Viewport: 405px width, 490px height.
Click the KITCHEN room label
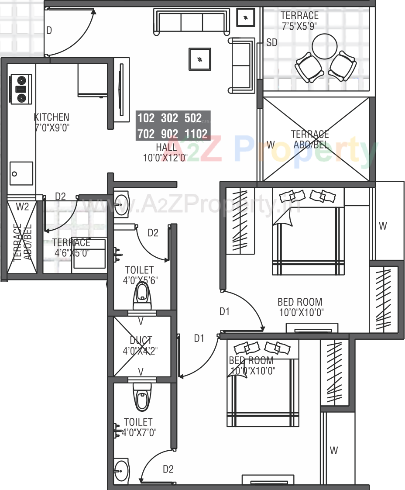[x=51, y=117]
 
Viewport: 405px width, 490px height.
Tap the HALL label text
[x=166, y=147]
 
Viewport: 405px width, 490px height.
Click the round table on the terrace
[x=325, y=46]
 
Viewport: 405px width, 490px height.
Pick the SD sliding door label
[x=272, y=42]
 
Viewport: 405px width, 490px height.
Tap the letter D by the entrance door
[x=49, y=30]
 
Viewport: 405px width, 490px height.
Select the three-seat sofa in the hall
[x=192, y=21]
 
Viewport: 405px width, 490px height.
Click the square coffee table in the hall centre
[x=200, y=59]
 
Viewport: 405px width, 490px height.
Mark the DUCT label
[x=141, y=340]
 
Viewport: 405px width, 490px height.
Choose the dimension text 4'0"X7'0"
[x=139, y=432]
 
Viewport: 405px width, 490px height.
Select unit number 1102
[x=196, y=134]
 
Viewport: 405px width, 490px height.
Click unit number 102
[x=145, y=118]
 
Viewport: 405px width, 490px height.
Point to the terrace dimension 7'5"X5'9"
[x=299, y=26]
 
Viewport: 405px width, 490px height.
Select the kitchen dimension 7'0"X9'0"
[x=51, y=128]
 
